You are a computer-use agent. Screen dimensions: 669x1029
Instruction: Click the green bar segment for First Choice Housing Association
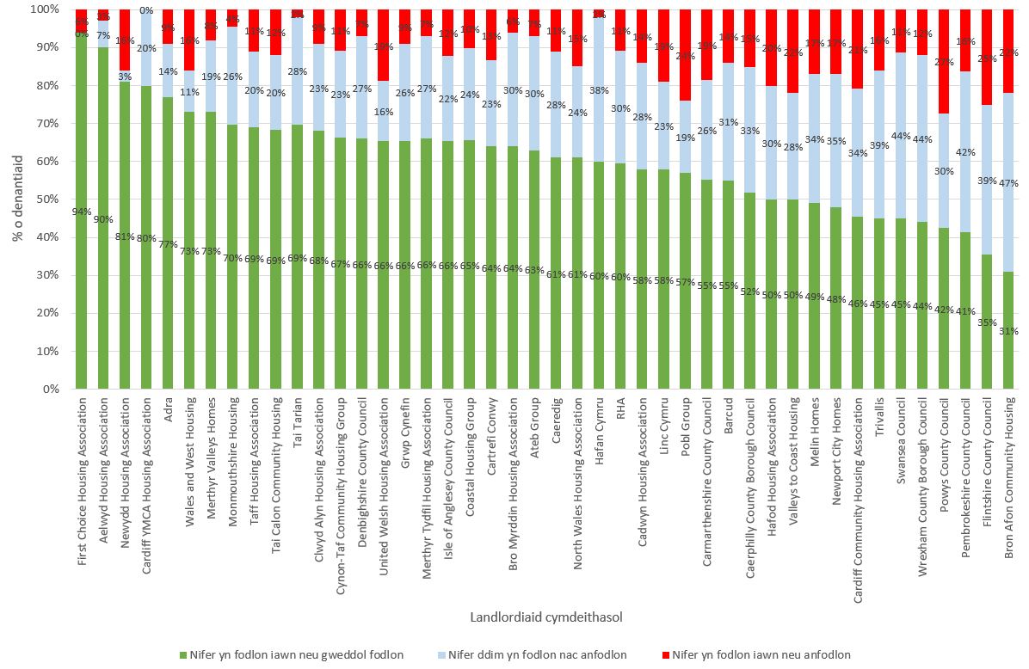(82, 258)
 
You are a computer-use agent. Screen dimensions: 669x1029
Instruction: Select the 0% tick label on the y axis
(50, 390)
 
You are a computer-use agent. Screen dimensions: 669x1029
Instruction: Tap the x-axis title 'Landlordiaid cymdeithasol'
(546, 617)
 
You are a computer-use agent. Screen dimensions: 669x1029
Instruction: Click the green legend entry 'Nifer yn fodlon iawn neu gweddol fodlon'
(290, 655)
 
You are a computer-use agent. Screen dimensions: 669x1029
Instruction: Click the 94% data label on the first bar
(82, 212)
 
